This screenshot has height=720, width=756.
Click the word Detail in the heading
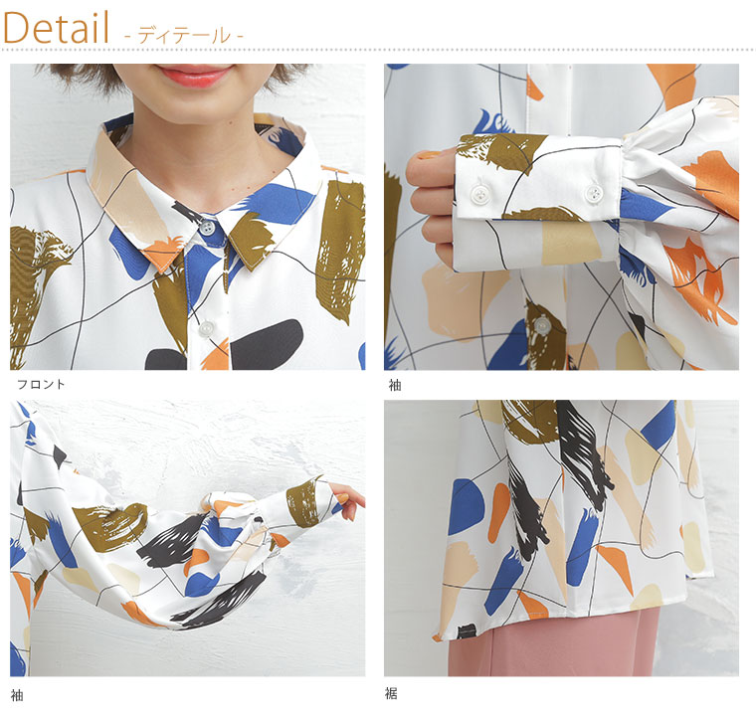click(57, 29)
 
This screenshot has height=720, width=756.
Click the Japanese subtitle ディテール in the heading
click(184, 36)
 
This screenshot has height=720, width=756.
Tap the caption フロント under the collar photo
click(41, 384)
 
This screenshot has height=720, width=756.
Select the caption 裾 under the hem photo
click(391, 693)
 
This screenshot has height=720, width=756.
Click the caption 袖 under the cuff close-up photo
click(395, 385)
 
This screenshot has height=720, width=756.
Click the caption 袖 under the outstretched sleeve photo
click(17, 695)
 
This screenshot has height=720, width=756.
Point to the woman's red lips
click(195, 75)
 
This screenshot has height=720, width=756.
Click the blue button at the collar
click(207, 227)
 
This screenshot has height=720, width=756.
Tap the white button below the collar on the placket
click(206, 329)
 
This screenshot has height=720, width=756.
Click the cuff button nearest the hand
click(479, 194)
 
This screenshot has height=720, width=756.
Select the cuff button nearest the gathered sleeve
click(594, 193)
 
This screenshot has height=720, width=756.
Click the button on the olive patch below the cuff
click(542, 325)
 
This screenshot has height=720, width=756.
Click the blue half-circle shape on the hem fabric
click(466, 507)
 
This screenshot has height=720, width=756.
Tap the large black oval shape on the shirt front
click(268, 344)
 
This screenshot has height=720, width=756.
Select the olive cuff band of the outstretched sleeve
click(304, 502)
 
